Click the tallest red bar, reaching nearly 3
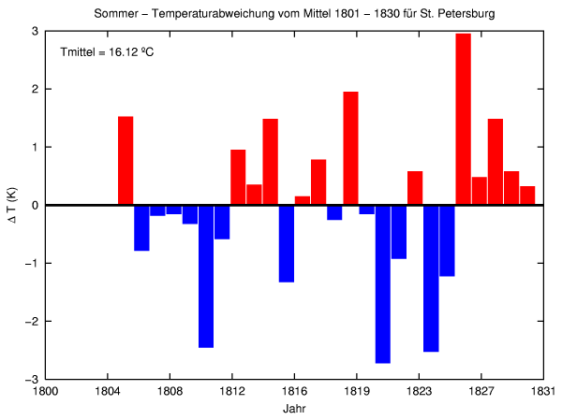click(463, 119)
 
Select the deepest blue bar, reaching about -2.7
click(382, 283)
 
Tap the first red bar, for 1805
click(126, 160)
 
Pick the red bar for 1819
click(350, 148)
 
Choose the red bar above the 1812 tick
click(238, 177)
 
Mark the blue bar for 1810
click(206, 276)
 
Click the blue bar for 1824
click(431, 278)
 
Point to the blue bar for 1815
click(287, 243)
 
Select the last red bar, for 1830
click(527, 196)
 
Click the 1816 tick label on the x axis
click(294, 393)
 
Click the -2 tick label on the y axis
click(33, 322)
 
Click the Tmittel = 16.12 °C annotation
click(106, 51)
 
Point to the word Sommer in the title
click(115, 15)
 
